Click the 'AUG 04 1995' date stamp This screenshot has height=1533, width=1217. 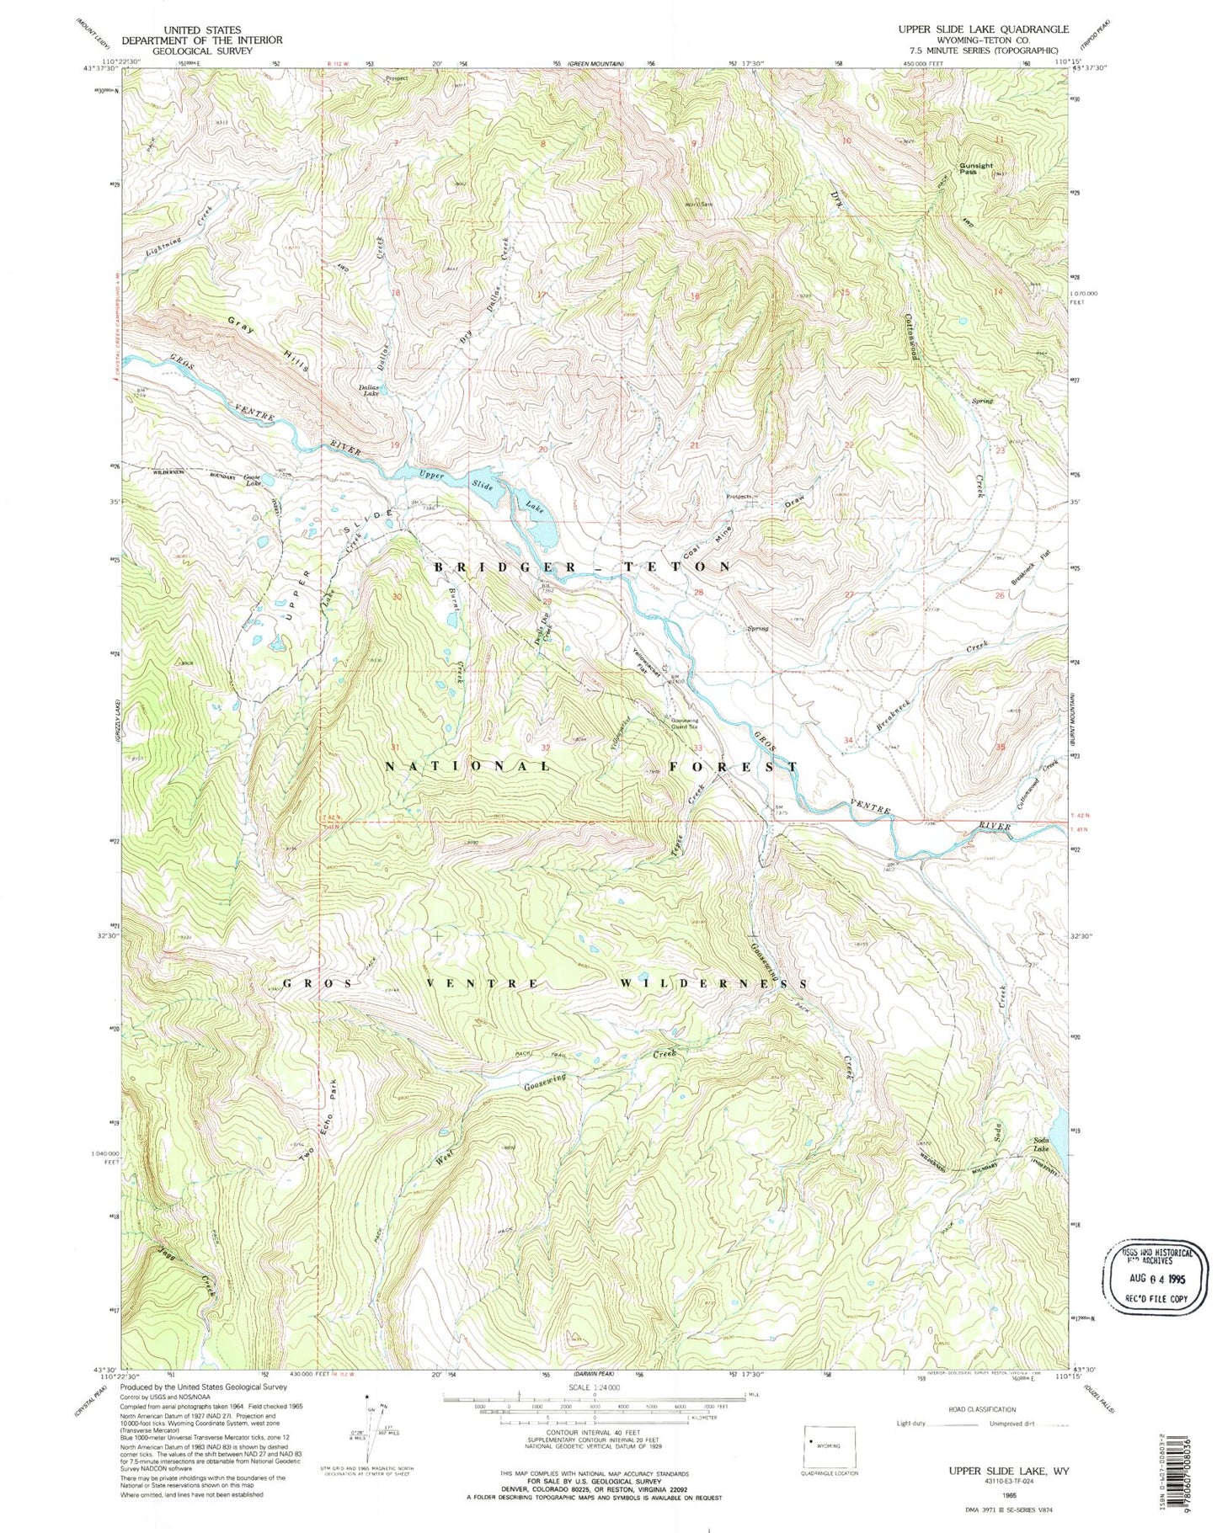[x=1150, y=1277]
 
